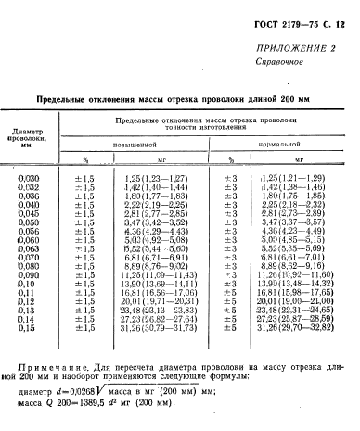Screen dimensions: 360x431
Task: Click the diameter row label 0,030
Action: coord(31,176)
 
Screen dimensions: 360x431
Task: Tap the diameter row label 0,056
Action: coord(31,230)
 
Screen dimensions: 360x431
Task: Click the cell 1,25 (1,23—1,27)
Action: coord(155,176)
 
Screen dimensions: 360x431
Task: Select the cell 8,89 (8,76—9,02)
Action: coord(155,265)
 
